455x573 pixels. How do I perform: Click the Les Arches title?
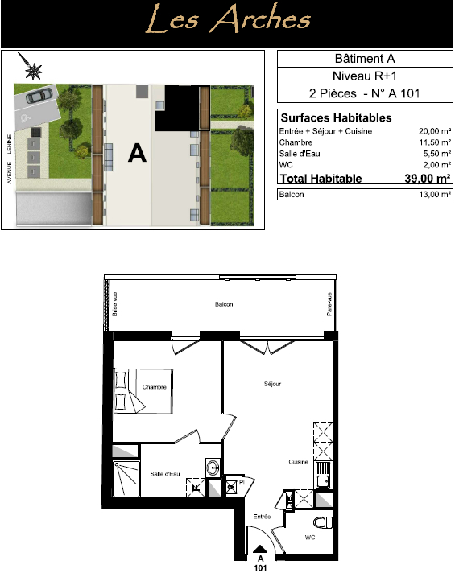point(228,19)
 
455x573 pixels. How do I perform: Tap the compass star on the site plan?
point(33,71)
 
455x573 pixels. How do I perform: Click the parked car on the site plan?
point(39,96)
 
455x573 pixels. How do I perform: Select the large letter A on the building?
point(137,153)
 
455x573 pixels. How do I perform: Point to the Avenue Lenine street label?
point(9,159)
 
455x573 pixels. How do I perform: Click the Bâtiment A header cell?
point(365,59)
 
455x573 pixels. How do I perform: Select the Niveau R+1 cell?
point(365,76)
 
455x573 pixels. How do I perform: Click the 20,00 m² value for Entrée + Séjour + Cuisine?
point(435,131)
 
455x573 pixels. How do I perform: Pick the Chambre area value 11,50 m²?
point(435,142)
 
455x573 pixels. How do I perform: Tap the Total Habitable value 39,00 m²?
point(427,179)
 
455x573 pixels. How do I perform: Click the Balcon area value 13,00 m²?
point(435,194)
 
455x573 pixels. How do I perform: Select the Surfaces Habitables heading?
point(336,117)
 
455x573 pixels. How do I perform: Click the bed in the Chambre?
point(143,391)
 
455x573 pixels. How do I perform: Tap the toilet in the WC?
point(323,522)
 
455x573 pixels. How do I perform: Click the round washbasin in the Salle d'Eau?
point(213,467)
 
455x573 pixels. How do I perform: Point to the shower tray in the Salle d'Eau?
point(126,479)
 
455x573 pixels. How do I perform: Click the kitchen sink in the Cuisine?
point(323,476)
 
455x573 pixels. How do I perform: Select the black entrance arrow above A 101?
point(260,549)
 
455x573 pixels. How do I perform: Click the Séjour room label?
point(272,384)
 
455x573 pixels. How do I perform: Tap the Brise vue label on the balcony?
point(115,304)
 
